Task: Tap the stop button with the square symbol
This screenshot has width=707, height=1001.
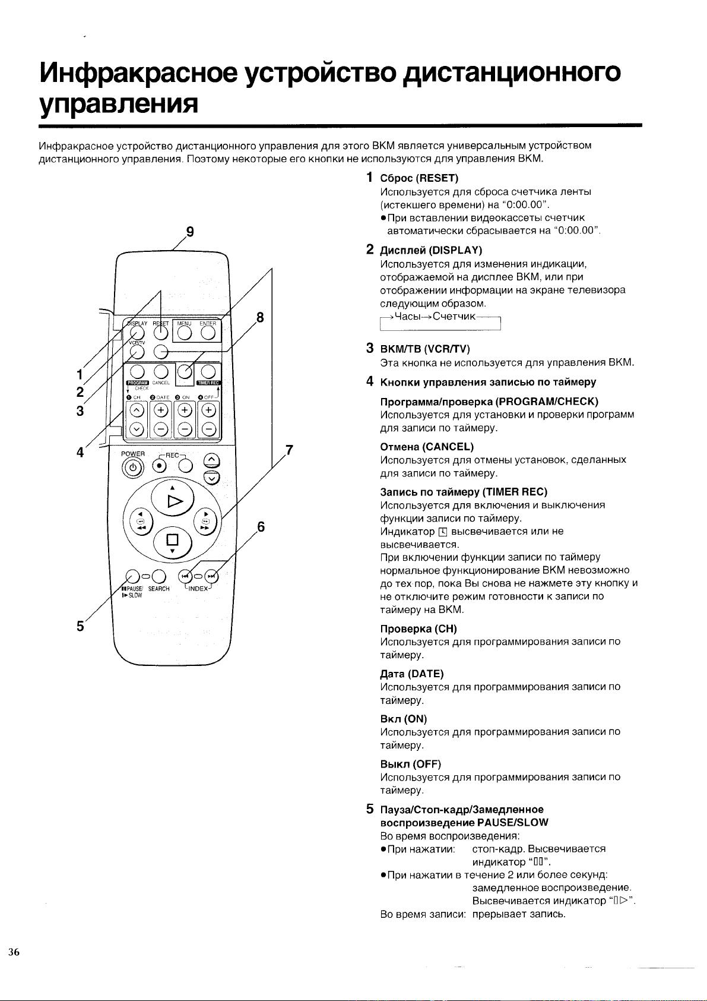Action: click(x=172, y=540)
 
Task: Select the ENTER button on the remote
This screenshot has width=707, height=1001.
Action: click(x=208, y=333)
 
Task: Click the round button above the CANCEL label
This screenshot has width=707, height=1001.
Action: click(x=161, y=371)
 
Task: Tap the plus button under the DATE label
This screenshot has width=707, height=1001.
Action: click(x=161, y=410)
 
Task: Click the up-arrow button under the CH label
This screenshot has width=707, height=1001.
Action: click(x=137, y=410)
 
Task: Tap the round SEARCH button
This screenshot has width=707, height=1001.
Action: click(x=158, y=576)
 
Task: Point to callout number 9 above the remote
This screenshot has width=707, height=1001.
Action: click(x=190, y=232)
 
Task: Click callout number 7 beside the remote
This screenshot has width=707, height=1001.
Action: click(x=290, y=450)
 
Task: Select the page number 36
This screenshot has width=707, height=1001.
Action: click(x=14, y=952)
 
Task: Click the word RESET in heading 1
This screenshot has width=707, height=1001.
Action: click(x=437, y=178)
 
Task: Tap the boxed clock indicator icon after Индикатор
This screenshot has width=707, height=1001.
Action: click(x=443, y=532)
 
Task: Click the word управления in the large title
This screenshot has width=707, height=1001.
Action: click(x=118, y=104)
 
